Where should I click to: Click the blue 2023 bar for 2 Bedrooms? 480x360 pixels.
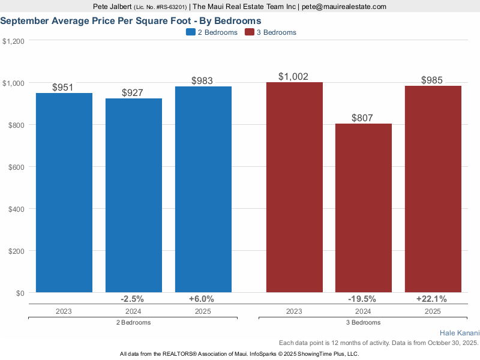pos(64,192)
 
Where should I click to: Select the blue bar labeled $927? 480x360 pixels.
pos(134,195)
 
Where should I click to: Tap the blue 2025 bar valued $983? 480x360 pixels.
pos(203,189)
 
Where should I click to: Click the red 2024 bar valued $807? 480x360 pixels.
pos(364,208)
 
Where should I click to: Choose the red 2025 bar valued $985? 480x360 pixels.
pos(433,189)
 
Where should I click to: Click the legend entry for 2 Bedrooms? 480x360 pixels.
pos(212,32)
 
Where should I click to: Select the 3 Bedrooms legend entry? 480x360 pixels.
pos(271,32)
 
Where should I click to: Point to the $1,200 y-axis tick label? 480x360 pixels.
pos(13,41)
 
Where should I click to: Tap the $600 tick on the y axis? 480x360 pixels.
pos(15,167)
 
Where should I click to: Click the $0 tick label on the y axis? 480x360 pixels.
pos(19,293)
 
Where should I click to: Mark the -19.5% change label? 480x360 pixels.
pos(362,299)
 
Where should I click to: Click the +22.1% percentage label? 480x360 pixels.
pos(432,299)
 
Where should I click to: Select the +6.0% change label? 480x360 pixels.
pos(201,299)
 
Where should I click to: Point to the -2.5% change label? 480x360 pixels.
pos(133,299)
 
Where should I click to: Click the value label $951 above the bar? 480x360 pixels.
pos(63,88)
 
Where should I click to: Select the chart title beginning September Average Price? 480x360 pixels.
pos(130,20)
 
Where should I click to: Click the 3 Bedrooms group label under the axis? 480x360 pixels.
pos(362,322)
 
